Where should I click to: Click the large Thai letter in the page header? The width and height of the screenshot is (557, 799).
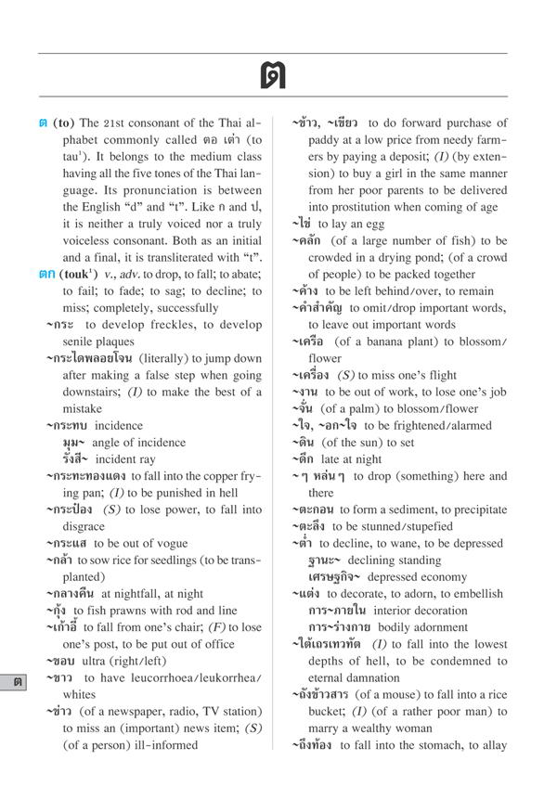[x=273, y=74]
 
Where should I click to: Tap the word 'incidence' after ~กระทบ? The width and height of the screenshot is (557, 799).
[x=120, y=425]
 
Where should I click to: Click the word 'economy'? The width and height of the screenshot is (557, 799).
[x=441, y=576]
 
